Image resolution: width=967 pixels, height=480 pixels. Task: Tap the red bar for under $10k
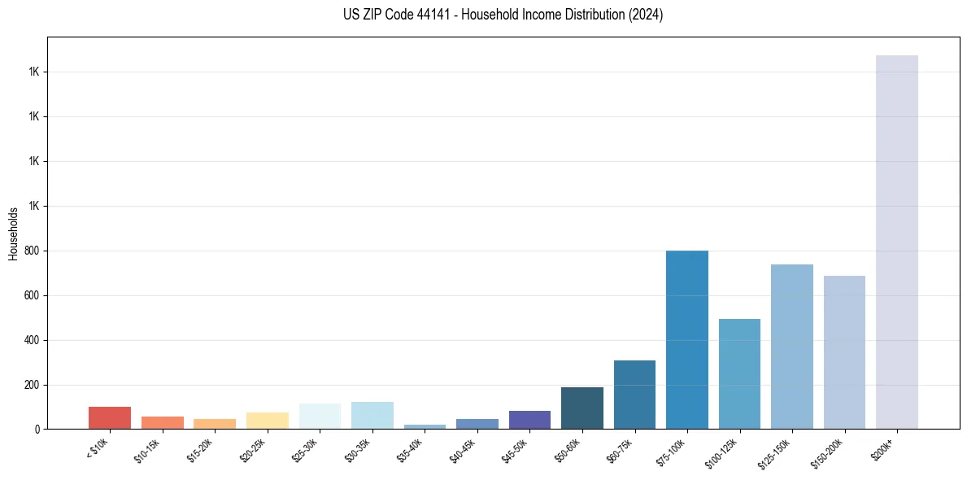pyautogui.click(x=110, y=417)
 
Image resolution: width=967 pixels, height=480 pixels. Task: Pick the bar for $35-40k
pyautogui.click(x=425, y=426)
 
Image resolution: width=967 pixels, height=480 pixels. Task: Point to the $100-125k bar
pyautogui.click(x=739, y=373)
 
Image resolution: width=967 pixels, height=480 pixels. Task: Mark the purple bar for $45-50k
pyautogui.click(x=529, y=420)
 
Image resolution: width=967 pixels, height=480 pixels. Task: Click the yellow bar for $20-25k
pyautogui.click(x=267, y=421)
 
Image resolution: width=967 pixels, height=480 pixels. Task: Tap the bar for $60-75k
pyautogui.click(x=634, y=395)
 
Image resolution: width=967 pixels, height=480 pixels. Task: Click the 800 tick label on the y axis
pyautogui.click(x=33, y=251)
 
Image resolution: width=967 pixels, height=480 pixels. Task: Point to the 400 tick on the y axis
pyautogui.click(x=33, y=340)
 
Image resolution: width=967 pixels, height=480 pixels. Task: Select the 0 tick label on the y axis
pyautogui.click(x=37, y=429)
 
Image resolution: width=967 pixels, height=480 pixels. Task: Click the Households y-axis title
pyautogui.click(x=13, y=233)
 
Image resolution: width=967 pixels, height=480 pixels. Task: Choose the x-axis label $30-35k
pyautogui.click(x=356, y=451)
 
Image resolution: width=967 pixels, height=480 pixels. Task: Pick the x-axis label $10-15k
pyautogui.click(x=146, y=451)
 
